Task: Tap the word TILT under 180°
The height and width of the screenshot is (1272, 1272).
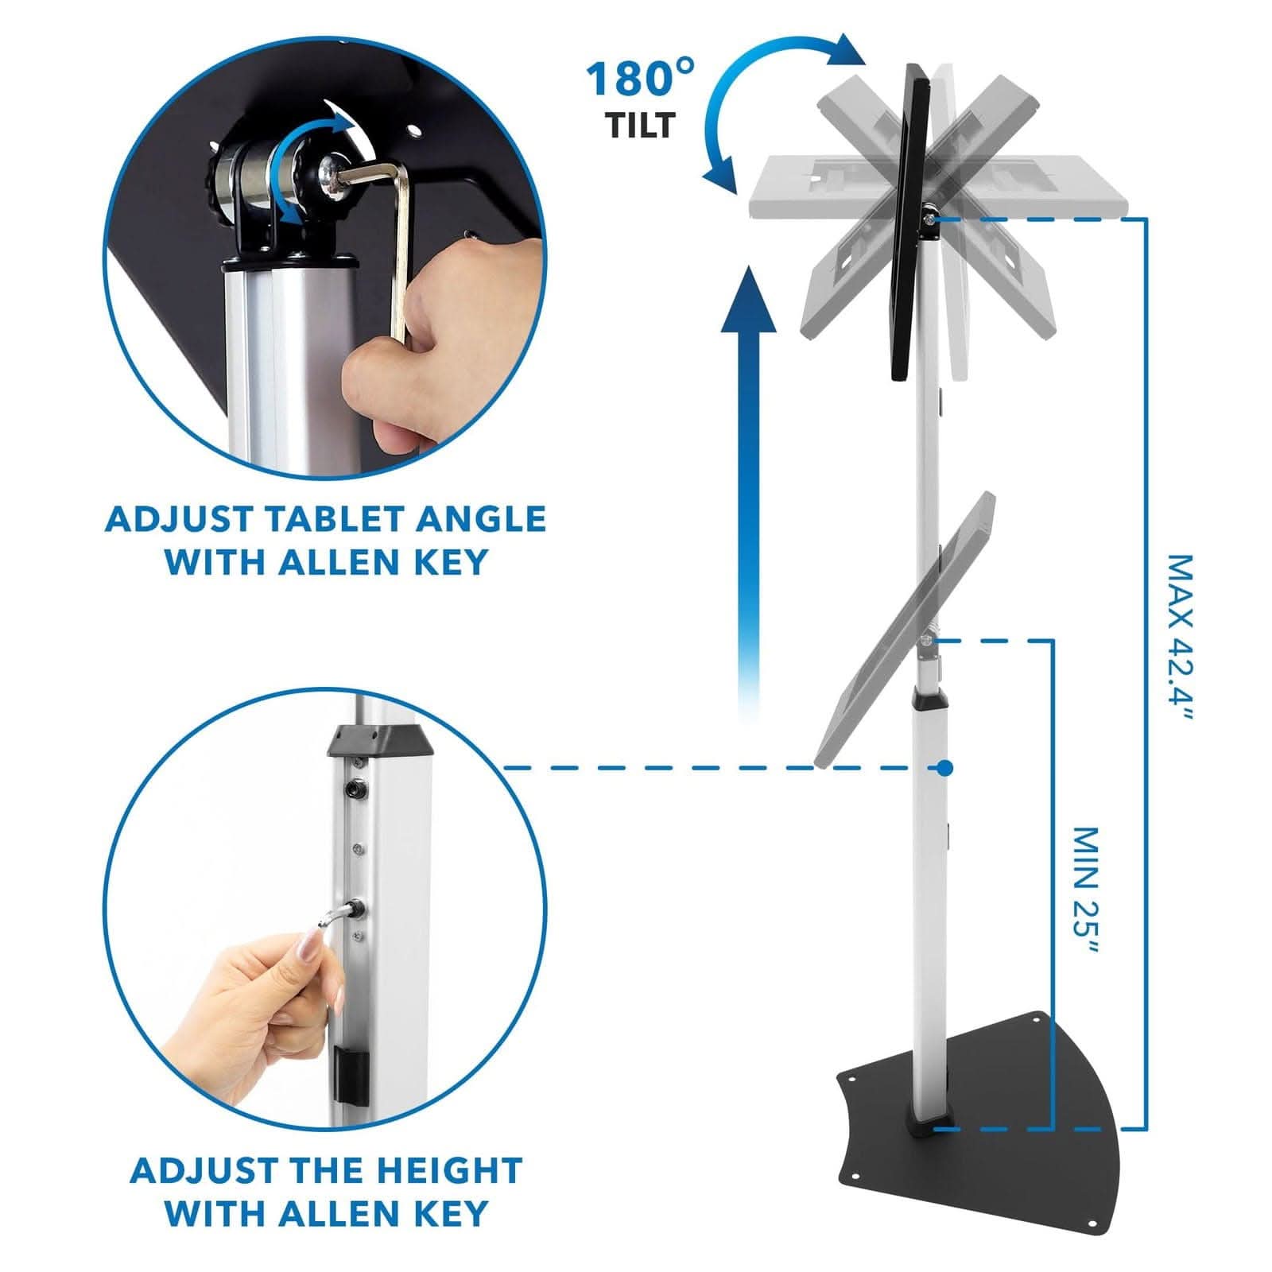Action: pos(641,125)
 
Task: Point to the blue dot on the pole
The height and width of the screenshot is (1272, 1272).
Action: pos(944,767)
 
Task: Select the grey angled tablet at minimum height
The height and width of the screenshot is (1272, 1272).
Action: pos(906,628)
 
